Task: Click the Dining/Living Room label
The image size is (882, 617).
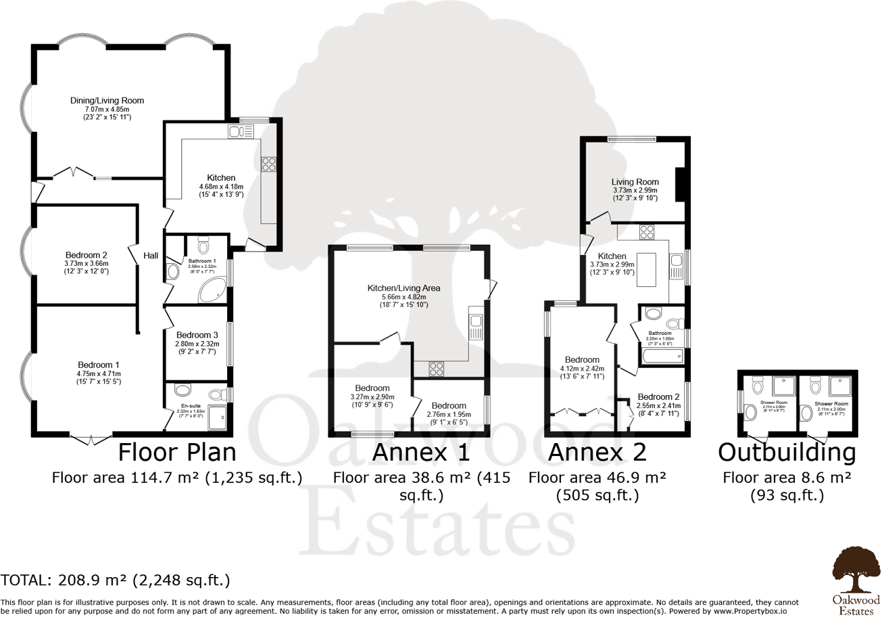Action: [x=107, y=100]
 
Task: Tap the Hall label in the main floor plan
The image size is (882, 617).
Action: [x=151, y=256]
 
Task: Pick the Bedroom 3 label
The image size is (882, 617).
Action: [x=197, y=335]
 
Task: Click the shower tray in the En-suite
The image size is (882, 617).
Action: [x=218, y=417]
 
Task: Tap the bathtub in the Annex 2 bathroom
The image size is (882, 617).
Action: [x=662, y=357]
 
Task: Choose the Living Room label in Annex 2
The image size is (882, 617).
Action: [x=635, y=182]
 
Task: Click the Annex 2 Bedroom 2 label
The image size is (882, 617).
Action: [x=658, y=396]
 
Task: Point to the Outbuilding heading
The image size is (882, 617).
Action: [x=787, y=451]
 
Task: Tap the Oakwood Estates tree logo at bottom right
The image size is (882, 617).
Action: [x=856, y=570]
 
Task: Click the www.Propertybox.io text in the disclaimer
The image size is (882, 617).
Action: [x=749, y=611]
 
